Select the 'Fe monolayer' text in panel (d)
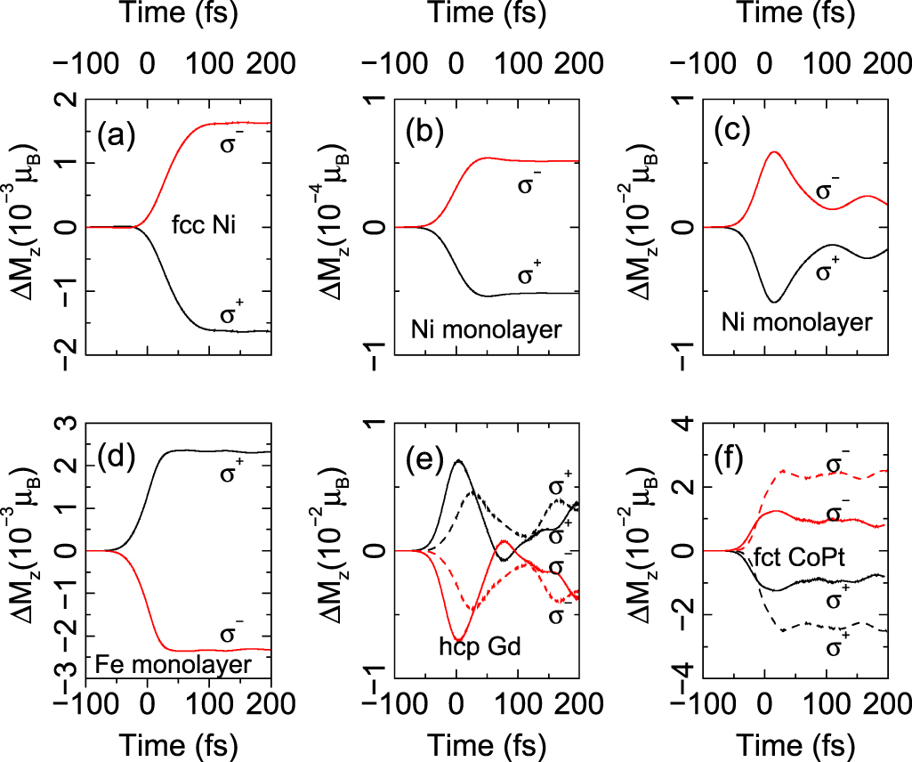pyautogui.click(x=157, y=665)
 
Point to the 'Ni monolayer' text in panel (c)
pyautogui.click(x=805, y=322)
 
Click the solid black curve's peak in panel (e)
pyautogui.click(x=458, y=460)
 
